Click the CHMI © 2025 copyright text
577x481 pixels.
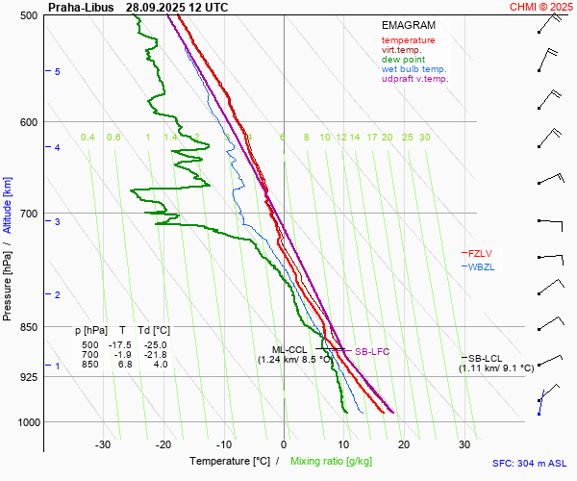540,7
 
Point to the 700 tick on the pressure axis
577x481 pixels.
28,214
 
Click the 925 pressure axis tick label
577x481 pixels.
28,377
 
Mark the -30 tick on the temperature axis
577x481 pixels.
103,444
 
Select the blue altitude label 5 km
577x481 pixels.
58,72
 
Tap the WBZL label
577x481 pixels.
480,266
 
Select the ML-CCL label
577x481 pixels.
289,350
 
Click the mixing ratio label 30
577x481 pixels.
424,138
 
